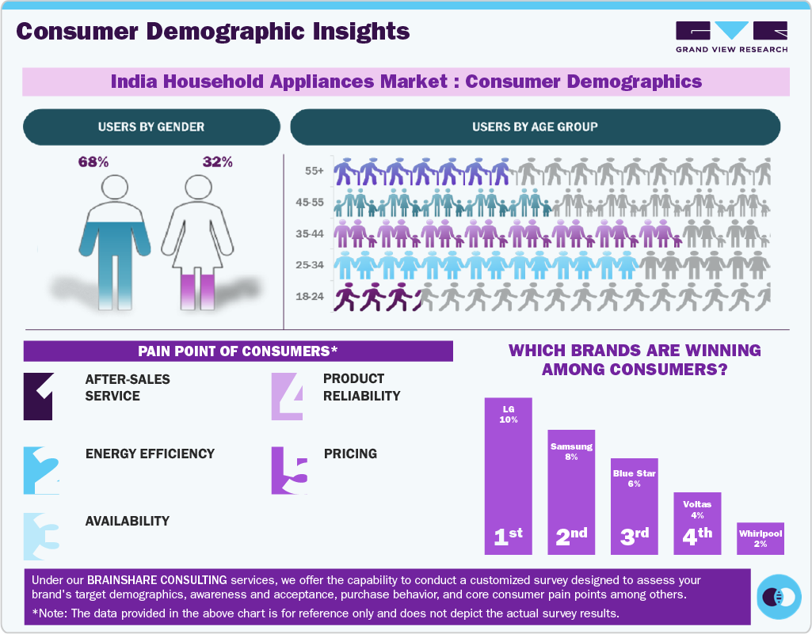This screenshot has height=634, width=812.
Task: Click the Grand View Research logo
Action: (x=731, y=36)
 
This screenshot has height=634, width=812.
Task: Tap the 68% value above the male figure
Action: (x=93, y=162)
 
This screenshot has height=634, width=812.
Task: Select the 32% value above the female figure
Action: (x=218, y=162)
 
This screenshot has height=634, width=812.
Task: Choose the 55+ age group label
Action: (x=314, y=170)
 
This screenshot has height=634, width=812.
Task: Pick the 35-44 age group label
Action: (x=311, y=234)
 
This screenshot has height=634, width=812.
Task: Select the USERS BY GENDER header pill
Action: (x=151, y=127)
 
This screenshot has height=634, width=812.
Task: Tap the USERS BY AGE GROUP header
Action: (x=535, y=127)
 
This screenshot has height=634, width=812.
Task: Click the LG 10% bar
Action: (x=508, y=475)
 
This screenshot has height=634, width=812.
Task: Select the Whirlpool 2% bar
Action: (x=760, y=538)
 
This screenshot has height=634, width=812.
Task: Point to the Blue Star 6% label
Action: (x=634, y=478)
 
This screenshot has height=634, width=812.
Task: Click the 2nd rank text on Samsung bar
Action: (x=571, y=536)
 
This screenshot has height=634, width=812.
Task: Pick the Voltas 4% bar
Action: (x=697, y=522)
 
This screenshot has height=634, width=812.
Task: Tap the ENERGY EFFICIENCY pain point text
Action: (x=150, y=454)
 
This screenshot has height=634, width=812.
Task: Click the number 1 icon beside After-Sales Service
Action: (x=39, y=396)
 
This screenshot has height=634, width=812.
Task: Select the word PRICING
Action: (x=350, y=454)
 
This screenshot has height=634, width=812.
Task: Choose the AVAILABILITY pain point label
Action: (x=127, y=521)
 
